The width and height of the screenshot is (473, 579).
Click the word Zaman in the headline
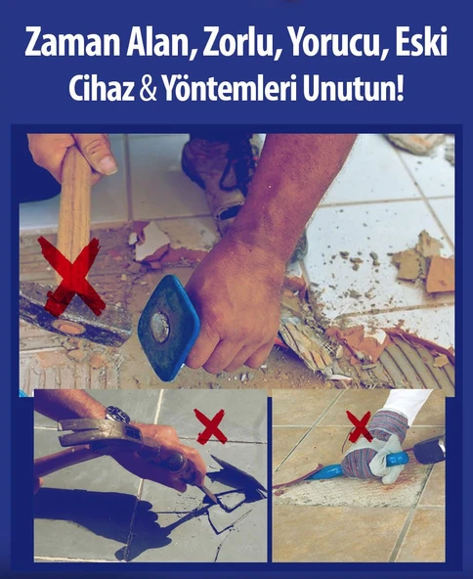point(70,44)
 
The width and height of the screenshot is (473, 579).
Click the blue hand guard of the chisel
point(169,326)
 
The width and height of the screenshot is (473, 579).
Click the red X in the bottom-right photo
point(360,425)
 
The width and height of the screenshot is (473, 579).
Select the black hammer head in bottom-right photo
point(429,452)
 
